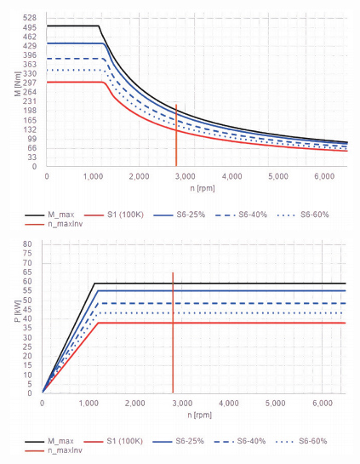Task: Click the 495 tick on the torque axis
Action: [30, 27]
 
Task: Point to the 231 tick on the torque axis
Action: [30, 101]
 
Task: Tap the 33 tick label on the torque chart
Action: [32, 158]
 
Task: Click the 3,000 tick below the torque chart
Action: [186, 177]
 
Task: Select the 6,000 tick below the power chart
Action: [323, 403]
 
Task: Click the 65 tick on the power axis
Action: [27, 272]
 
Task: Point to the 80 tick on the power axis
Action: [27, 244]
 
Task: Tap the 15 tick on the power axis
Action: [27, 365]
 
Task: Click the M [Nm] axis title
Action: [18, 83]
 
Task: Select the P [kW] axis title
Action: [18, 311]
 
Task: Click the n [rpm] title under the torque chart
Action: [203, 188]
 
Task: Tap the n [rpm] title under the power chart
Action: [200, 415]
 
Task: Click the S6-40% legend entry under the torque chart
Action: [242, 215]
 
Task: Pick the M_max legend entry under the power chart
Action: [49, 441]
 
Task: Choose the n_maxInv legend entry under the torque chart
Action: [54, 224]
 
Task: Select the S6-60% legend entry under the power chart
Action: [301, 441]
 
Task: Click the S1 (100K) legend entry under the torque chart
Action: [114, 215]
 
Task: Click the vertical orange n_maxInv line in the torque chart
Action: [176, 135]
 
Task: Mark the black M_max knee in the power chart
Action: [94, 284]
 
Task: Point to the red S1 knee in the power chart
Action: [98, 323]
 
